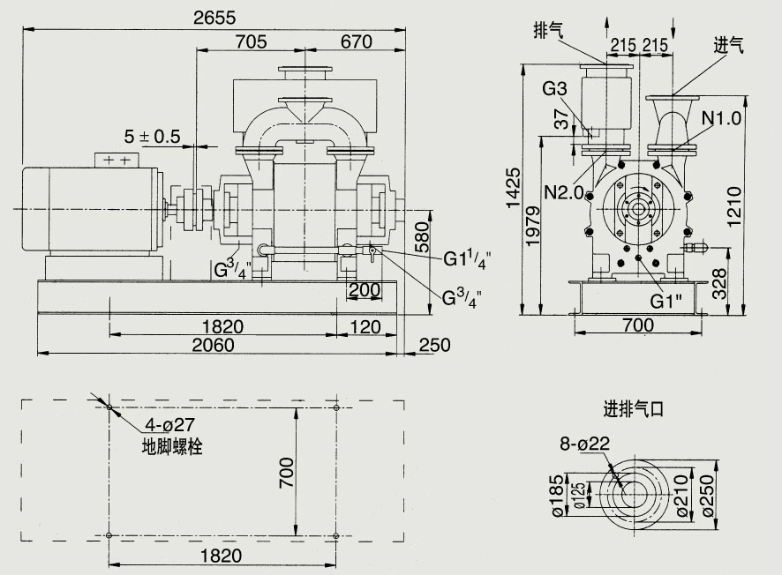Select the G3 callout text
(x=554, y=88)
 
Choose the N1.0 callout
(x=722, y=117)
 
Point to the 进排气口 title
(x=632, y=409)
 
